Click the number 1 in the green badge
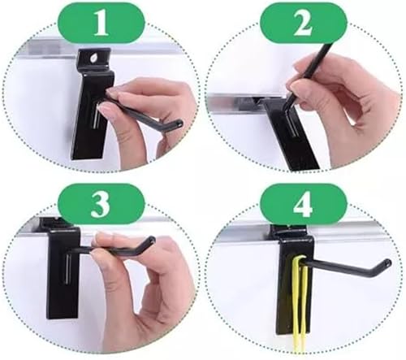(x=101, y=24)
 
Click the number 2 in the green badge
(x=303, y=24)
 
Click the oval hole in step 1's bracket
(x=93, y=58)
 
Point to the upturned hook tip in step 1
(x=179, y=124)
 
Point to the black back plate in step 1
(x=92, y=108)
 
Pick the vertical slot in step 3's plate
(x=67, y=270)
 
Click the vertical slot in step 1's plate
(x=96, y=116)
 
